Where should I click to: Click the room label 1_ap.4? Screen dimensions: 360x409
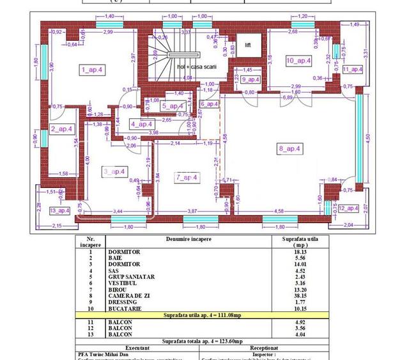(x=93, y=69)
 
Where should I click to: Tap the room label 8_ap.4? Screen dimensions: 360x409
(x=289, y=148)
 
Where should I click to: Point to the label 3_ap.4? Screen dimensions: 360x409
(x=114, y=171)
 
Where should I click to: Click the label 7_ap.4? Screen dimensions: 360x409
(x=187, y=177)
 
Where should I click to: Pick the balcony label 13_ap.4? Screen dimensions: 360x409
(x=59, y=210)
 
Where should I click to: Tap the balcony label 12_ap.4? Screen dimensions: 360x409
(x=349, y=208)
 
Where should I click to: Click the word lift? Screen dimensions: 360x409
(x=248, y=45)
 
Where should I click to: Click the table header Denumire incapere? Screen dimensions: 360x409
(x=185, y=239)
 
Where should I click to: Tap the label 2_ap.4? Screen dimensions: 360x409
(x=62, y=129)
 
